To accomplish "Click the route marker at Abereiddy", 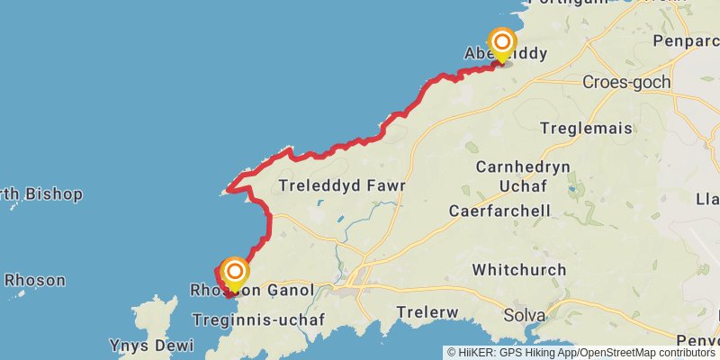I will click(x=501, y=43).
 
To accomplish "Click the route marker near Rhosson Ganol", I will click(x=235, y=272).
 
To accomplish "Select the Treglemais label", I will click(x=587, y=129).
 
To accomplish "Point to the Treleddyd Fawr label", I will click(x=343, y=186).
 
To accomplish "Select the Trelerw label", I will click(x=428, y=312).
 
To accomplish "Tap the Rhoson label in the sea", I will click(x=34, y=280).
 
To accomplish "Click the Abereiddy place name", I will click(x=506, y=54).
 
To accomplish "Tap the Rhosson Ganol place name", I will click(x=252, y=291).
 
